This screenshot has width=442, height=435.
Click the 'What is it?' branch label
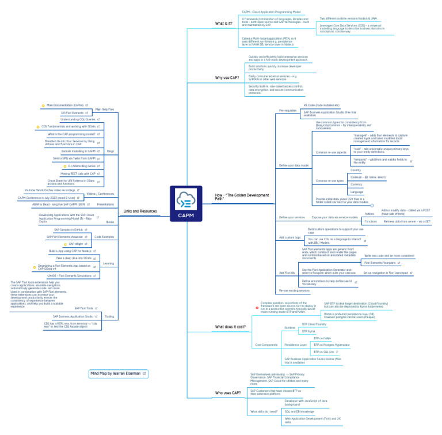(x=224, y=24)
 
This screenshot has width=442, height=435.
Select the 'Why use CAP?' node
(x=227, y=77)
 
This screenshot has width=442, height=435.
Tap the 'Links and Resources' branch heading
(x=140, y=211)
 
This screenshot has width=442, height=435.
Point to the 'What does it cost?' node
(x=230, y=327)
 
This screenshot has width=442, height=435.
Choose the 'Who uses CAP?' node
(x=228, y=392)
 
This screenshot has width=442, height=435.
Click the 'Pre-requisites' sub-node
(x=288, y=110)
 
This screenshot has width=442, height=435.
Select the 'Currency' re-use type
(x=357, y=184)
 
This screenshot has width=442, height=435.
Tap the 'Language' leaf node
(x=357, y=192)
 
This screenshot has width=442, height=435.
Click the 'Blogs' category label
(x=110, y=151)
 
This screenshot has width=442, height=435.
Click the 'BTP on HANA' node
(x=322, y=338)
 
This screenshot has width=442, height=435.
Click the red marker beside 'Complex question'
(x=257, y=308)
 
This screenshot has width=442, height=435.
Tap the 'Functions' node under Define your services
(x=371, y=221)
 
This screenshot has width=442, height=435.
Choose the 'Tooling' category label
(x=109, y=316)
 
